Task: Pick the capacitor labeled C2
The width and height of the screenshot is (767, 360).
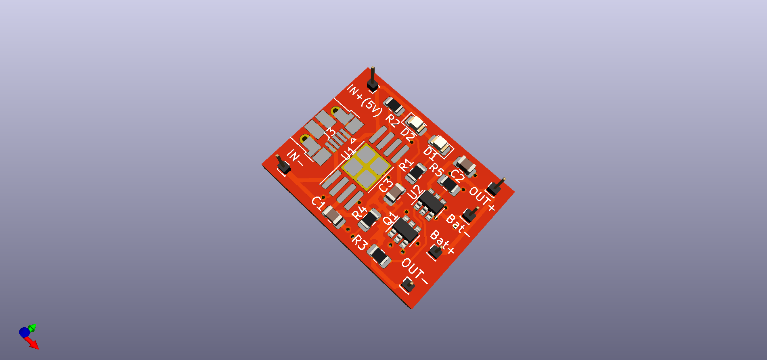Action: click(465, 165)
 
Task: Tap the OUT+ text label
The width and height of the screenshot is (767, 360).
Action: click(482, 199)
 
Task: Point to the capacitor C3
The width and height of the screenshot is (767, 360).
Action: click(394, 194)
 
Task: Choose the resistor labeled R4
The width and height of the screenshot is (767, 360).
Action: click(369, 220)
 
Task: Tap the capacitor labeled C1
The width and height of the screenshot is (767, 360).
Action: click(333, 217)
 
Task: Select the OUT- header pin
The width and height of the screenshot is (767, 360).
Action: click(408, 285)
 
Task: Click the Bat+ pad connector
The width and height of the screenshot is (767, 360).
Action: click(436, 252)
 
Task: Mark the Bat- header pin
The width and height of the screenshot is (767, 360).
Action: click(469, 215)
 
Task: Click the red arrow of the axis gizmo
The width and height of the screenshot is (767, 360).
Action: click(34, 344)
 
